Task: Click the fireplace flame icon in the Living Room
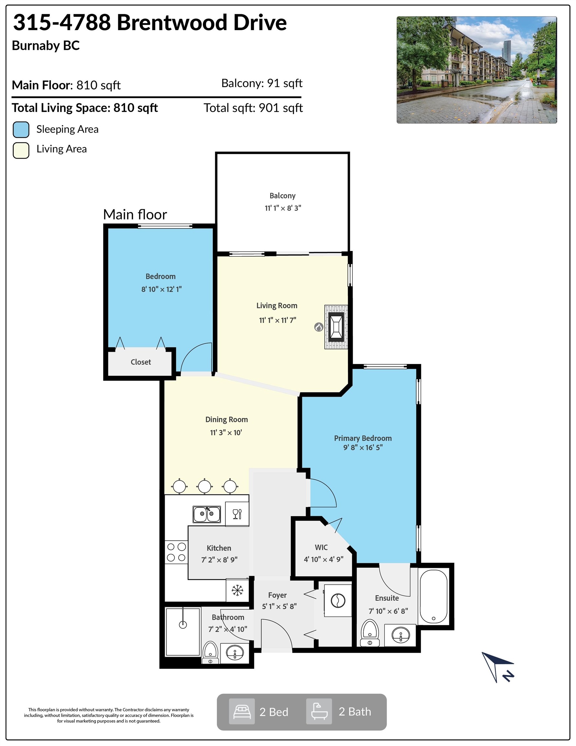tap(318, 327)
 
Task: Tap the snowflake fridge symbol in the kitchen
tap(237, 590)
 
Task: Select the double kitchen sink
tap(206, 514)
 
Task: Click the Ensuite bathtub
tap(433, 596)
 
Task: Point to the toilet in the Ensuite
tap(370, 632)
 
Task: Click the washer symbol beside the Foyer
tap(338, 601)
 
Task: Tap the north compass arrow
tap(497, 667)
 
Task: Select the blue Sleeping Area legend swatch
tap(21, 130)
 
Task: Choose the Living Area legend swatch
tap(21, 150)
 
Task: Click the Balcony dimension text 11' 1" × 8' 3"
tap(283, 208)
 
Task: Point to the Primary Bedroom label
tap(363, 438)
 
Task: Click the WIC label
tap(321, 547)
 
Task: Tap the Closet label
tap(141, 362)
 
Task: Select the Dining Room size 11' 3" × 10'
tap(226, 433)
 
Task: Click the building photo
tap(477, 70)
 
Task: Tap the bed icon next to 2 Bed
tap(242, 712)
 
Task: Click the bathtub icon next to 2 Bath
tap(319, 712)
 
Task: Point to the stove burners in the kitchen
tap(176, 552)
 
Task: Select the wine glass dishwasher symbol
tap(237, 514)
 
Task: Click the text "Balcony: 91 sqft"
tap(262, 83)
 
